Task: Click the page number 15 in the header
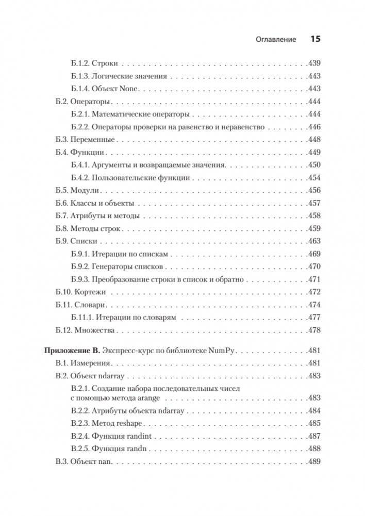315,39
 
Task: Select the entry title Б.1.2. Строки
94,64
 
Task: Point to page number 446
313,127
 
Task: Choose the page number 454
313,178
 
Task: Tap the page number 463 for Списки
313,241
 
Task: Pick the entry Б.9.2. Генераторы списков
117,267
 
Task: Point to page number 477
313,317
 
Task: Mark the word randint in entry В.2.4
139,436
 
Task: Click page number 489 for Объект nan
313,461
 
